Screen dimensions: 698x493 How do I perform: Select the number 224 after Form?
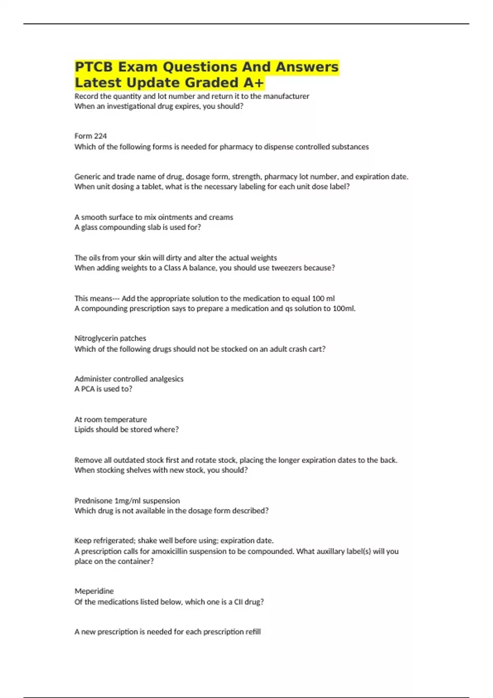tap(100, 136)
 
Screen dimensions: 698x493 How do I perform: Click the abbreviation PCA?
tap(88, 389)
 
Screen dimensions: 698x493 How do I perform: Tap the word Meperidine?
tap(94, 591)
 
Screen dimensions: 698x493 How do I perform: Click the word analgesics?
tap(166, 379)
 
